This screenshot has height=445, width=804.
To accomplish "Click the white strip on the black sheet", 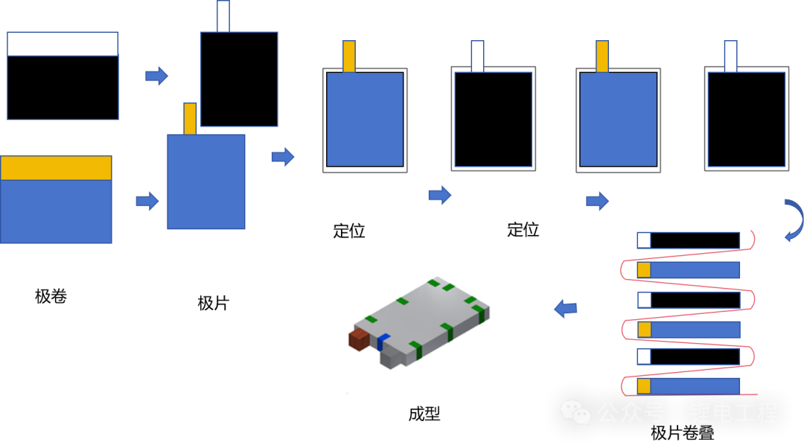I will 63,44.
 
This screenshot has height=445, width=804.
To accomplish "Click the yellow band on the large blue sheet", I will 56,167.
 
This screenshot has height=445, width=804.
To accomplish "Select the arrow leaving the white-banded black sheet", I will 156,75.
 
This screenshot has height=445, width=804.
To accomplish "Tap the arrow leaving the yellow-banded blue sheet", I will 147,201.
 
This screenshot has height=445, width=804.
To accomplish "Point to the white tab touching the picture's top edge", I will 223,16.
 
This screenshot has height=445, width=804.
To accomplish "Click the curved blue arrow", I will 794,220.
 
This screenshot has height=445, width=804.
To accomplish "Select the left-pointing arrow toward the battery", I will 566,307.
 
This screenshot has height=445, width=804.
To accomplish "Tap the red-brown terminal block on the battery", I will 360,339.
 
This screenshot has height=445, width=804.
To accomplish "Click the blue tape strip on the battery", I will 383,342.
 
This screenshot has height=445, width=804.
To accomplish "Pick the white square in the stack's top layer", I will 644,240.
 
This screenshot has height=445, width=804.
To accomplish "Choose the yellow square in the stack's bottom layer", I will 644,386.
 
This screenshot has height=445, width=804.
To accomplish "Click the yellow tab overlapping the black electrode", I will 190,118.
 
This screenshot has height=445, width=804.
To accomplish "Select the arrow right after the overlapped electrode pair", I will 282,156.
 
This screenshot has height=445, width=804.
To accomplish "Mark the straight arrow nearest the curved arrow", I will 597,201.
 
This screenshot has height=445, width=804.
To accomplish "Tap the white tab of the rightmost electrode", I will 730,56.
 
